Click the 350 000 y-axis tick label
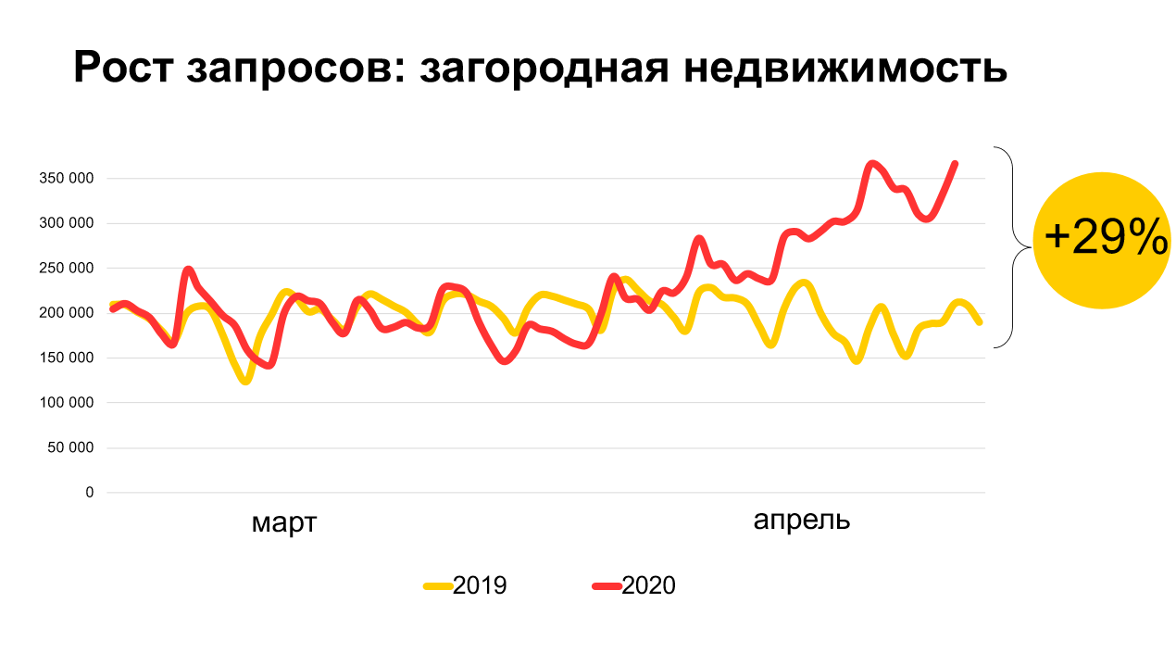click(x=67, y=179)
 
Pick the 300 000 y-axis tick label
click(x=67, y=223)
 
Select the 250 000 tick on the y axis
click(x=67, y=269)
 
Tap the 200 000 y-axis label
click(x=67, y=313)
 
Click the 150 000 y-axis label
click(x=67, y=358)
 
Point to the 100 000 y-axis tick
click(x=67, y=403)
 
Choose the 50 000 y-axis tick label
click(x=70, y=448)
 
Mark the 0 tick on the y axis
click(x=90, y=493)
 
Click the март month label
click(x=284, y=523)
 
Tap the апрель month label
click(x=802, y=521)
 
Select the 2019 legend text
click(x=480, y=585)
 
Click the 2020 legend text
click(x=648, y=585)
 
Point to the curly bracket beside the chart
click(x=1015, y=247)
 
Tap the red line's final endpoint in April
click(x=955, y=164)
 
